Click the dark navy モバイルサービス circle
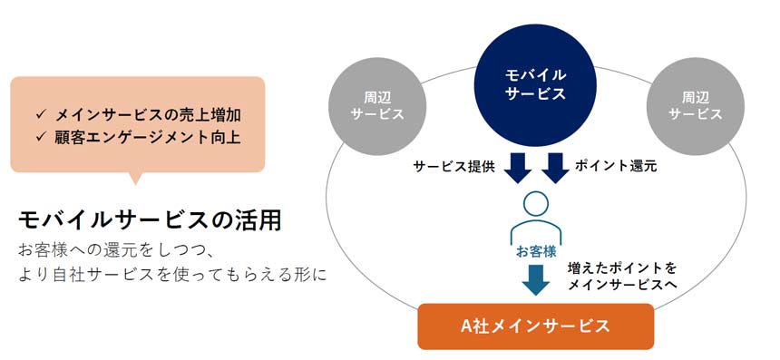tap(535, 85)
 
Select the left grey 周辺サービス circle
tap(377, 106)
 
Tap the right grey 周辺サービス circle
tap(696, 106)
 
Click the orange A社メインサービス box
tap(536, 326)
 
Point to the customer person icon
tap(536, 218)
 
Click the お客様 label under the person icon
tap(536, 252)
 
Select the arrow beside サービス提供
tap(518, 168)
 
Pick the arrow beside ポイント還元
tap(556, 168)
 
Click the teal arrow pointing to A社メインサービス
tap(536, 280)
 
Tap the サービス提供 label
tap(454, 167)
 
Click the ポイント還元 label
tap(616, 166)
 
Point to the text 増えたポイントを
tap(622, 268)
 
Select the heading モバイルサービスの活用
tap(150, 219)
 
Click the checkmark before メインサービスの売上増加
tap(41, 115)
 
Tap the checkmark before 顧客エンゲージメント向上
tap(41, 137)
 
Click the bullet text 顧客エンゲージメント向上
tap(148, 137)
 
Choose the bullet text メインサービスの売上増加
tap(148, 115)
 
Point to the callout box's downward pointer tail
tap(135, 178)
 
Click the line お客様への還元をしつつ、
tap(117, 250)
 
